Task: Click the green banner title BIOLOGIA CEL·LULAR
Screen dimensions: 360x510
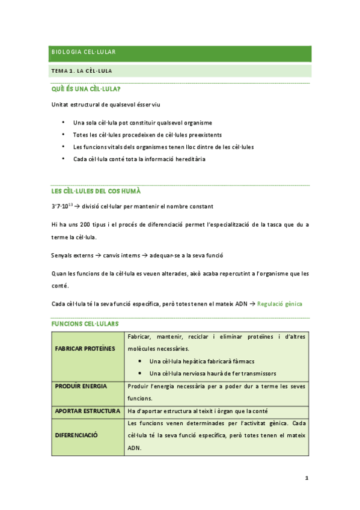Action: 84,52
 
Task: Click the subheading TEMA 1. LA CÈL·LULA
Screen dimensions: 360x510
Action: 82,71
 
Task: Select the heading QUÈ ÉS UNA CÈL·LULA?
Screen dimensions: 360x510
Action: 86,90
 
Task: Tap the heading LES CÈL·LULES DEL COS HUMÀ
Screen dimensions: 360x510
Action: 96,191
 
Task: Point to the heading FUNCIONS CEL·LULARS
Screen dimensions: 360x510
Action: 85,324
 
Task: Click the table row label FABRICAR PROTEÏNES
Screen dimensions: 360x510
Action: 84,348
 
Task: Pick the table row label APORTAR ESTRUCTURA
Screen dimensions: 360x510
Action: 87,411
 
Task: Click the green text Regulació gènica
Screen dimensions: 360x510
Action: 279,304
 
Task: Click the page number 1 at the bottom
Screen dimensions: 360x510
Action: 307,479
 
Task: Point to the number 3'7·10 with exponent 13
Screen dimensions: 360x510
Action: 63,206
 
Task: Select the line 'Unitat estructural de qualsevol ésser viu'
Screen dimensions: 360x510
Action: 104,105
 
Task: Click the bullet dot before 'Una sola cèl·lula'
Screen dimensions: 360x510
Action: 63,122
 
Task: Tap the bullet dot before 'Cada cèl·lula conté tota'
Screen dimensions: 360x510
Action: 63,159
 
